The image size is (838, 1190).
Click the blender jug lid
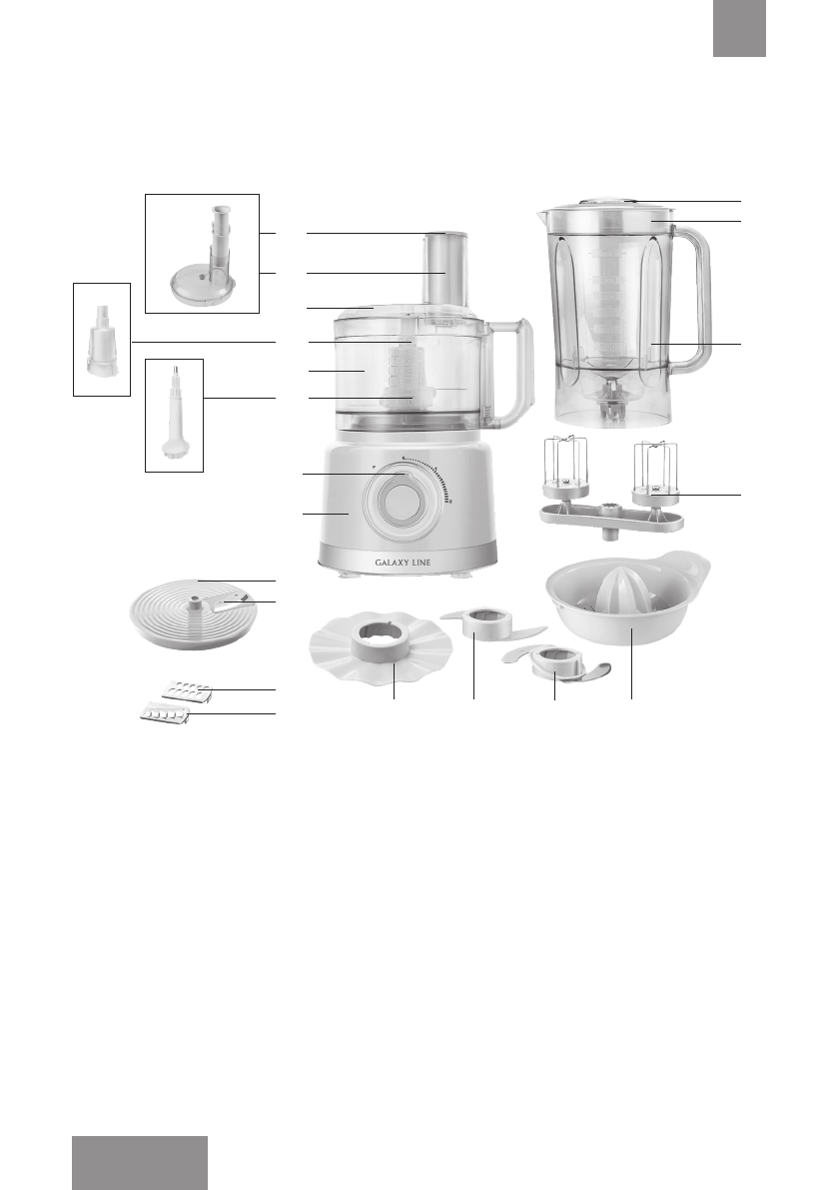click(x=607, y=212)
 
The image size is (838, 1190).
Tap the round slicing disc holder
click(x=196, y=615)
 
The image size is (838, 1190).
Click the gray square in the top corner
click(x=739, y=28)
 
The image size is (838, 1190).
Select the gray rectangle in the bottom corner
click(x=140, y=1162)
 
